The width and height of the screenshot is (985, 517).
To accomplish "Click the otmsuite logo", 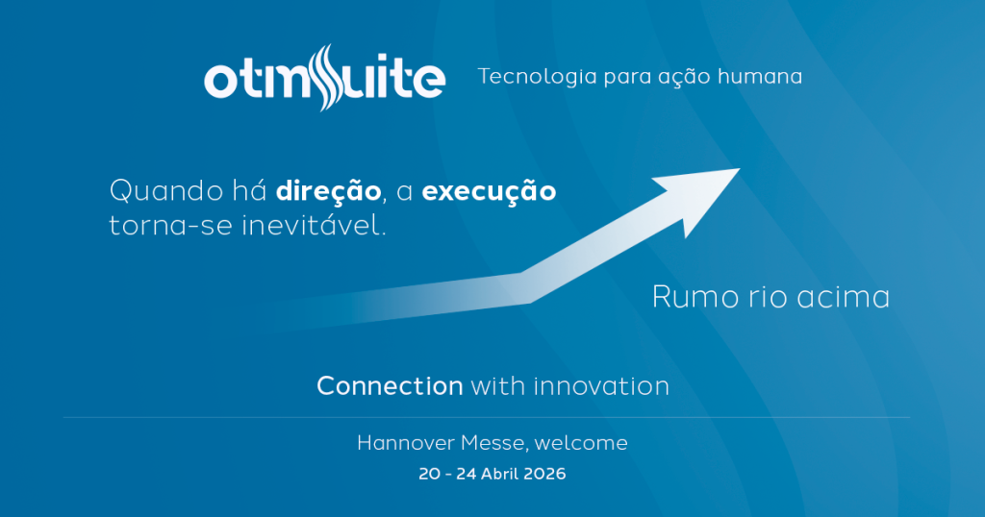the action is tap(325, 78).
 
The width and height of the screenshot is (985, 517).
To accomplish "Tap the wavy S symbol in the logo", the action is tap(325, 78).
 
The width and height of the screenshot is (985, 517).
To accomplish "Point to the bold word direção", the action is tap(329, 190).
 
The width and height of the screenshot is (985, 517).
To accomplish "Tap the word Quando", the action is tap(166, 190).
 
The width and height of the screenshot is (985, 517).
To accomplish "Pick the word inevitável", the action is tap(314, 225).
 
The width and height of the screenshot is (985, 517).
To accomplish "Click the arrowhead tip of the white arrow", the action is tap(740, 168).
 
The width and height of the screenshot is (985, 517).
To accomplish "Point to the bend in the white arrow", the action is tap(525, 288).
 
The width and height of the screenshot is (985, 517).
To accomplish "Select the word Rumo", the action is tap(695, 297).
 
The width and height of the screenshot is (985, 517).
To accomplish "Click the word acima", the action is tap(843, 297).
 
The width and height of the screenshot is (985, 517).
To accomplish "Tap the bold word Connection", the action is tap(391, 386).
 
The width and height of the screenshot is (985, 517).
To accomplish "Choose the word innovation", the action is tap(601, 386).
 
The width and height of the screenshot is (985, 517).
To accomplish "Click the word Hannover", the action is tap(406, 443).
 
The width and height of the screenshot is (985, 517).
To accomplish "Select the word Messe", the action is tap(495, 444).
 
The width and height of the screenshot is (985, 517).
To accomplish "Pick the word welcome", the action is tap(581, 443).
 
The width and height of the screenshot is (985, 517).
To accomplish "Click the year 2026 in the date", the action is tap(543, 474).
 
